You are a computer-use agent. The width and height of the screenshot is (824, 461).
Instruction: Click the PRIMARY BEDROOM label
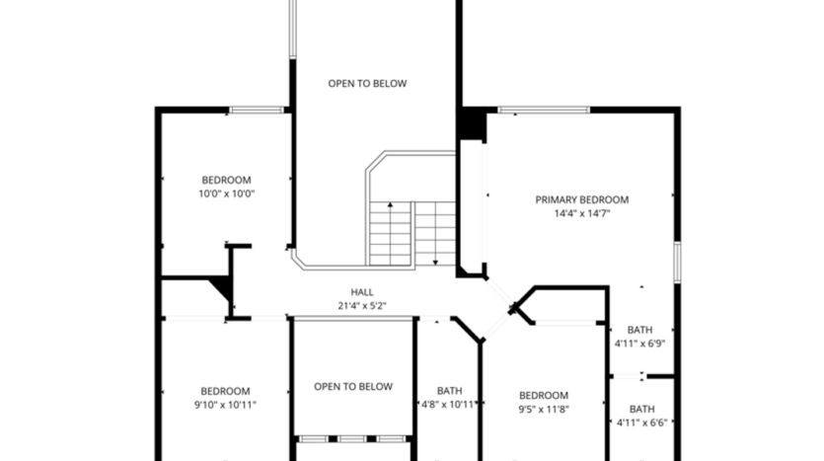click(581, 199)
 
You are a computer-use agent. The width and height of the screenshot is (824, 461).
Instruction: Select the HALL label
click(361, 292)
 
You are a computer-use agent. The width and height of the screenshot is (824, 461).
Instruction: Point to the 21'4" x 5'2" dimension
click(361, 306)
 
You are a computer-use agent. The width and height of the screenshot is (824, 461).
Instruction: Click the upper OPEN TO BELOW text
click(367, 84)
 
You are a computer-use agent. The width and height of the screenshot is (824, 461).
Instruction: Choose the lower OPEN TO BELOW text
click(353, 387)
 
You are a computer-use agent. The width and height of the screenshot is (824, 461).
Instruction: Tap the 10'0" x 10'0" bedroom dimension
click(226, 193)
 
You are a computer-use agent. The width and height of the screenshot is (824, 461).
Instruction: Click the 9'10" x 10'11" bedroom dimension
click(225, 405)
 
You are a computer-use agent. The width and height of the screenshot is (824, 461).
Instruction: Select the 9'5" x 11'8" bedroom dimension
click(544, 410)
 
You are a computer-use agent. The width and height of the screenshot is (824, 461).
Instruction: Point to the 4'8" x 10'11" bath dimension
click(450, 405)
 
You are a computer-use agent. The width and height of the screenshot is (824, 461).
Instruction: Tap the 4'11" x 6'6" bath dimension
click(641, 423)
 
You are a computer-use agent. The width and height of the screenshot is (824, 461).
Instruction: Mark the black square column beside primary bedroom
click(471, 124)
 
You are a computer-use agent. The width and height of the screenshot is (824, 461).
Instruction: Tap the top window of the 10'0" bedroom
click(259, 110)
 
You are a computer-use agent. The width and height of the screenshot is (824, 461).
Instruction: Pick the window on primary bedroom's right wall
click(678, 262)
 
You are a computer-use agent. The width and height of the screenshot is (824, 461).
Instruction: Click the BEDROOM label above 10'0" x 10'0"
click(226, 180)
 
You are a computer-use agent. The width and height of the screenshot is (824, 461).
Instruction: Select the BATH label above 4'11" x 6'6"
click(641, 410)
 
